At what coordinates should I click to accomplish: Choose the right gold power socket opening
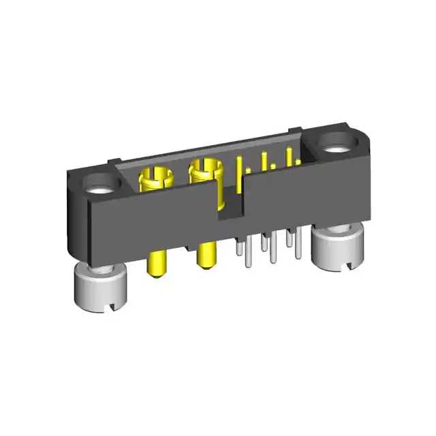click(206, 166)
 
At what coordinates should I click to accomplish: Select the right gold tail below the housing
click(204, 256)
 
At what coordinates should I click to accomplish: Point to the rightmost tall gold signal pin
click(289, 156)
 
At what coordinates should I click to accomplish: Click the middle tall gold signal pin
click(263, 162)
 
